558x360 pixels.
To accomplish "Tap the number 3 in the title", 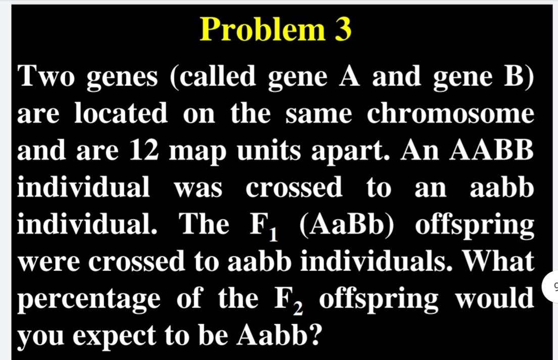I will click(x=341, y=29).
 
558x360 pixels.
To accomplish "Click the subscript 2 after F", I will click(x=298, y=308).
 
